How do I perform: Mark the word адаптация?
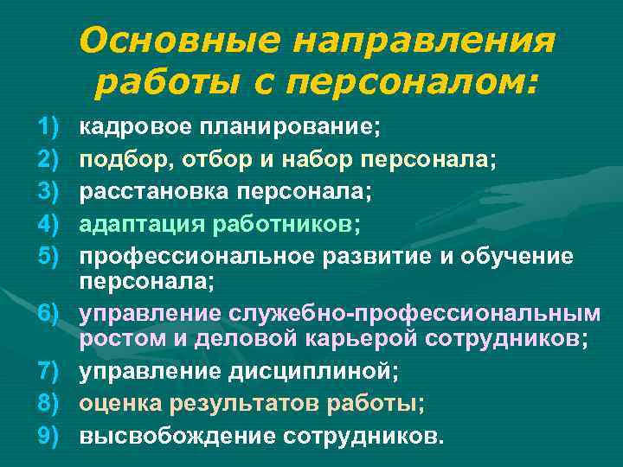coord(137,223)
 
